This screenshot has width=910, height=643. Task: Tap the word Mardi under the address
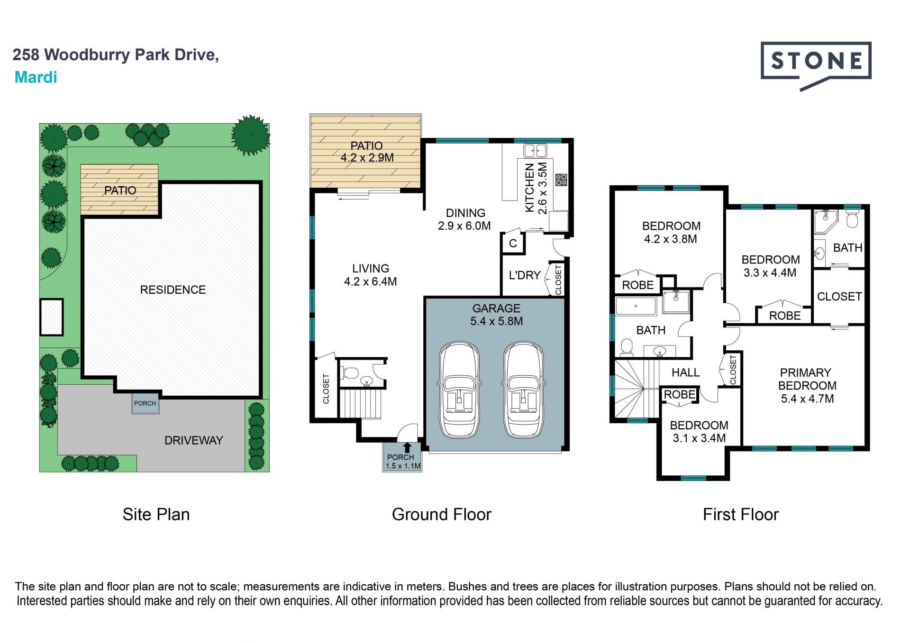36,77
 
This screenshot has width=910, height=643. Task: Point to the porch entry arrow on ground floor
407,447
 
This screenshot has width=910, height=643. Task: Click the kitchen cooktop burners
561,180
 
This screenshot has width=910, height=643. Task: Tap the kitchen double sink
535,151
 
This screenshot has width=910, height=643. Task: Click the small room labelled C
513,244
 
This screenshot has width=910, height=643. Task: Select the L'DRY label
525,275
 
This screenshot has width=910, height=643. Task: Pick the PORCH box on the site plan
145,403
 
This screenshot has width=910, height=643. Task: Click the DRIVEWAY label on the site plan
193,440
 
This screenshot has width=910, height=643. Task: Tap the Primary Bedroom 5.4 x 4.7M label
807,386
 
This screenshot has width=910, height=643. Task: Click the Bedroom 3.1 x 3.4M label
699,432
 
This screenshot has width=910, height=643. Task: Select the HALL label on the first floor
685,372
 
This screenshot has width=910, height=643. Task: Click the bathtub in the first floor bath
636,306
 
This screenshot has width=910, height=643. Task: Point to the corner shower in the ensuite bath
826,222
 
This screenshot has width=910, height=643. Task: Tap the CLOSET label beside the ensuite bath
839,296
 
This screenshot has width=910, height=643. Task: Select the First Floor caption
740,514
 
